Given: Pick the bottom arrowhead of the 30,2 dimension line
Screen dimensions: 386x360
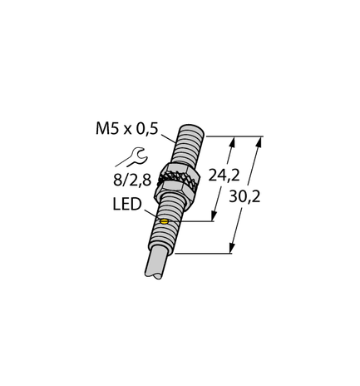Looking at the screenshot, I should click(230, 250).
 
